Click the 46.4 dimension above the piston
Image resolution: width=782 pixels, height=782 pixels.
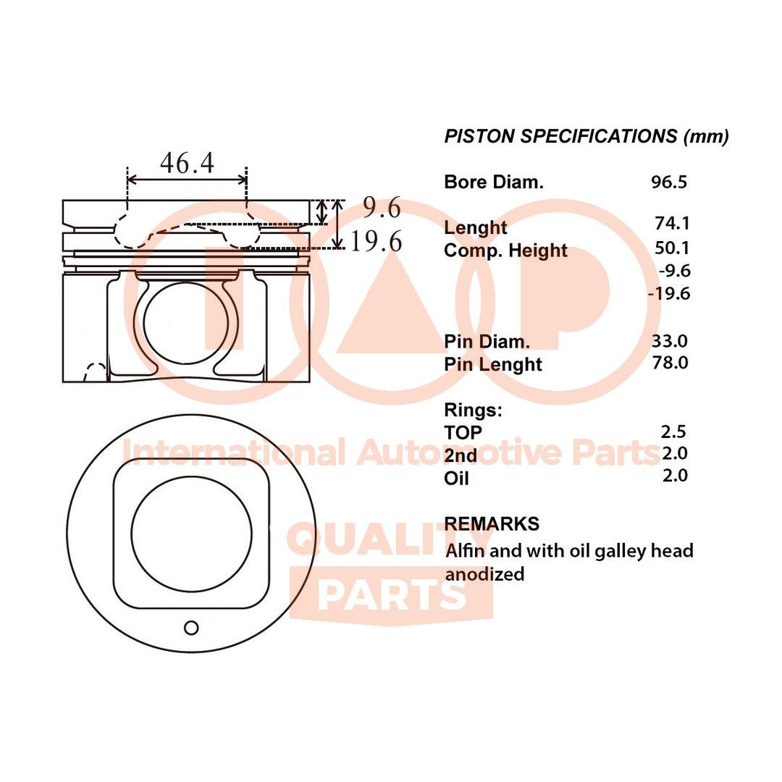(x=187, y=163)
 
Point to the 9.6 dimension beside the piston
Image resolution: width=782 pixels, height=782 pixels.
(x=382, y=209)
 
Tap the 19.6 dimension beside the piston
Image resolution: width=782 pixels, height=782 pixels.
(x=376, y=242)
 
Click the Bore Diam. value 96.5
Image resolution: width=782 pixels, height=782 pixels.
(x=668, y=182)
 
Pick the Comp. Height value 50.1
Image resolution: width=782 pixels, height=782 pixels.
(x=671, y=248)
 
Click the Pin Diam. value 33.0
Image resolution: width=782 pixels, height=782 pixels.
(x=671, y=340)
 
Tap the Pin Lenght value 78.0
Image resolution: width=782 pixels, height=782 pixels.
(x=671, y=363)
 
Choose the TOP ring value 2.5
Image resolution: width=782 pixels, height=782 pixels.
(x=673, y=432)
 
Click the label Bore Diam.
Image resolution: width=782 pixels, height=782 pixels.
(x=493, y=182)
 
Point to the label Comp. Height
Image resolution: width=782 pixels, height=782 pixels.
(x=505, y=251)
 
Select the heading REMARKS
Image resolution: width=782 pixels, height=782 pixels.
(x=492, y=524)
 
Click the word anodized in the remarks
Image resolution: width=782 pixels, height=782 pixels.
(x=484, y=574)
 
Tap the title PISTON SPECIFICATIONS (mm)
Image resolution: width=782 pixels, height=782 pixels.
(x=586, y=136)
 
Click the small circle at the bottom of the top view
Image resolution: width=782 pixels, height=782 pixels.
(x=191, y=628)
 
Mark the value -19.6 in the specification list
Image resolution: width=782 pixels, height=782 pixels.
(x=669, y=293)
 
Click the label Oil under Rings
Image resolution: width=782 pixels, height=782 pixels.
(x=456, y=478)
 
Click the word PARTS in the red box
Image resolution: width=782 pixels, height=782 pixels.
(x=391, y=595)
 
